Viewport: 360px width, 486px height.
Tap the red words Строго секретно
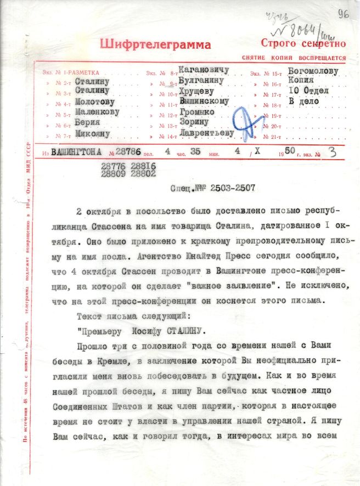pos(303,43)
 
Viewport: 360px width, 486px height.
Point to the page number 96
pos(344,13)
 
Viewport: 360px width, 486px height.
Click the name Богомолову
pos(313,71)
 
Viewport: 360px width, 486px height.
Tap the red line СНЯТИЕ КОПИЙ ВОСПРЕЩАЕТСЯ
pos(294,58)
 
